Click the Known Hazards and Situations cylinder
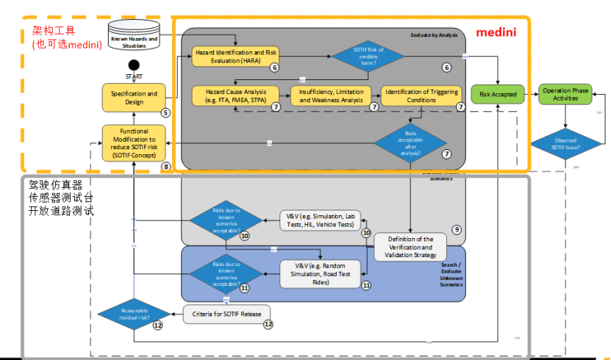[134, 40]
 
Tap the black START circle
[134, 66]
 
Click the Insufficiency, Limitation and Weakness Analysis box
[332, 96]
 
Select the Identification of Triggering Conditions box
[418, 96]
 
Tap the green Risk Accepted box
[499, 94]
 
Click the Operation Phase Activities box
[565, 93]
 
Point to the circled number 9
[457, 229]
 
